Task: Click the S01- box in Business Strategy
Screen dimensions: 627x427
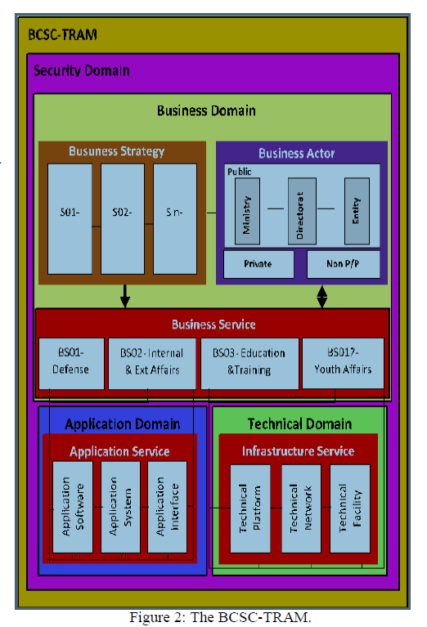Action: pyautogui.click(x=70, y=218)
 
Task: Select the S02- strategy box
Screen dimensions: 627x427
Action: pyautogui.click(x=122, y=218)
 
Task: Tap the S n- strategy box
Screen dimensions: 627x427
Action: pyautogui.click(x=175, y=218)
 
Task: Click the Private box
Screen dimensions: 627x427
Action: pyautogui.click(x=258, y=264)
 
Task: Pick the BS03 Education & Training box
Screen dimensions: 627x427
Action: pyautogui.click(x=249, y=361)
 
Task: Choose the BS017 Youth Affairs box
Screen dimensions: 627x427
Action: pyautogui.click(x=343, y=361)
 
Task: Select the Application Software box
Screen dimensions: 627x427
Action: pyautogui.click(x=73, y=507)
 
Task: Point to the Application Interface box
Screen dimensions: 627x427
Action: pyautogui.click(x=167, y=507)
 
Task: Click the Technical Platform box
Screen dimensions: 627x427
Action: pyautogui.click(x=249, y=507)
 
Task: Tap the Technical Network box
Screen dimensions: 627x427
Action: pyautogui.click(x=301, y=507)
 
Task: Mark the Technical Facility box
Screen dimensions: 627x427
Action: pyautogui.click(x=350, y=507)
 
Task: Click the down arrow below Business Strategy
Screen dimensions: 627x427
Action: pyautogui.click(x=124, y=296)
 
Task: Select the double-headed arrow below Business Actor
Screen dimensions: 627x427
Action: pyautogui.click(x=322, y=296)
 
